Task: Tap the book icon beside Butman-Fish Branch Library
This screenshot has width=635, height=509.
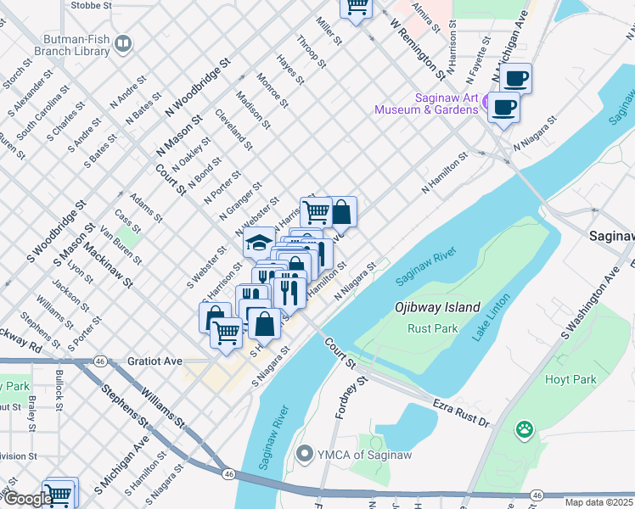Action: click(x=124, y=43)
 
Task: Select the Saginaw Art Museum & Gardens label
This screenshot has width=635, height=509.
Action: click(x=434, y=103)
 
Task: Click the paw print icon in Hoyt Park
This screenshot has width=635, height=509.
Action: click(x=525, y=430)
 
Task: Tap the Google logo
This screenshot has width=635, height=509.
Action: click(x=27, y=499)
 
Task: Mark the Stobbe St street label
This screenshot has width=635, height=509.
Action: click(x=92, y=5)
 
